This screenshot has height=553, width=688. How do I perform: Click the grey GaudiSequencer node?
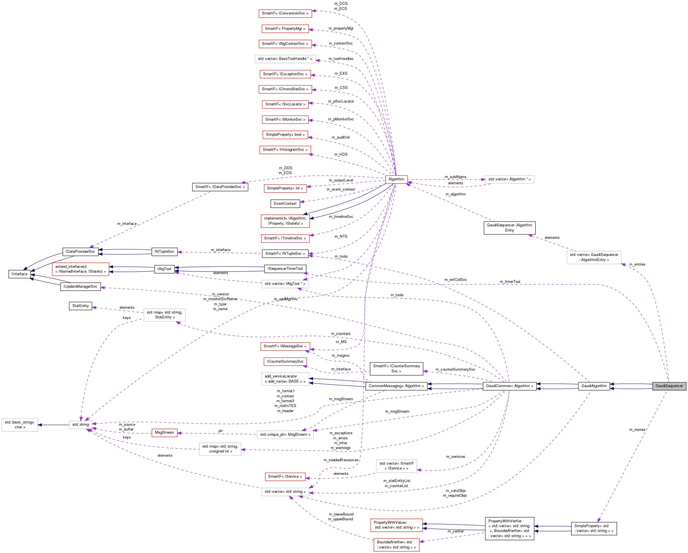[x=669, y=386]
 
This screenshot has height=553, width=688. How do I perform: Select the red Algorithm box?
[x=396, y=179]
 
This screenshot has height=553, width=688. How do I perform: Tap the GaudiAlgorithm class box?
[x=594, y=386]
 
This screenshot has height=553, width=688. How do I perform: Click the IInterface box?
[x=20, y=274]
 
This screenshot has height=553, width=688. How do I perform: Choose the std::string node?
[x=80, y=424]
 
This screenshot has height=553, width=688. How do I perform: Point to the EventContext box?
[x=285, y=203]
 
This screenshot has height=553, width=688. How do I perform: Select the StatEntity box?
[x=80, y=306]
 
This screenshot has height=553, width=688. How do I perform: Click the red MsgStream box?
[x=164, y=432]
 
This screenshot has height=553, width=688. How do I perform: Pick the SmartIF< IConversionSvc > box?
[x=285, y=13]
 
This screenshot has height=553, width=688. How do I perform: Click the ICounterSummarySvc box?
[x=285, y=362]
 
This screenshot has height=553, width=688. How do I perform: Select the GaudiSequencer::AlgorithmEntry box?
[x=509, y=228]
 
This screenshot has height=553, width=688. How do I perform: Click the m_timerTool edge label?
[x=510, y=281]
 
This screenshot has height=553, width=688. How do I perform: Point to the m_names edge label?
[x=637, y=429]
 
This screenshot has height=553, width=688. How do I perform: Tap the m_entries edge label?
[x=637, y=264]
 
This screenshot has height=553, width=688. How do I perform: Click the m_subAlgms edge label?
[x=455, y=177]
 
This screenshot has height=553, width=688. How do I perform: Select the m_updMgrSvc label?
[x=285, y=299]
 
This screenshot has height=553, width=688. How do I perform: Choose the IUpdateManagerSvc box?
[x=80, y=286]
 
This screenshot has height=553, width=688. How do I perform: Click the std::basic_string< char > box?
[x=20, y=425]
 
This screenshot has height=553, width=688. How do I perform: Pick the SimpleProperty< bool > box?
[x=285, y=134]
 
